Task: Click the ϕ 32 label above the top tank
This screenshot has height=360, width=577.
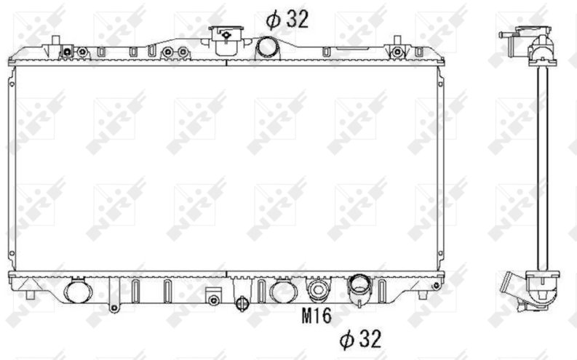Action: pos(287,19)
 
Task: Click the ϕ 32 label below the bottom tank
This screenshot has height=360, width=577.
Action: pos(360,339)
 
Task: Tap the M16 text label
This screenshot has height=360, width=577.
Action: pos(317,316)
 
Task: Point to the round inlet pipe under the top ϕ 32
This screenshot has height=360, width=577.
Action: pos(268,48)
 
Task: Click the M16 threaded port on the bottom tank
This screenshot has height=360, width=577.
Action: pos(318,289)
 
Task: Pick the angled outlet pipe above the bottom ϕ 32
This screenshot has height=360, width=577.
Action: pos(360,289)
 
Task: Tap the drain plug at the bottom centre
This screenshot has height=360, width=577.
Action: pos(242,303)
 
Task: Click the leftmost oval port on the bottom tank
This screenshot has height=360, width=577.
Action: pos(79,290)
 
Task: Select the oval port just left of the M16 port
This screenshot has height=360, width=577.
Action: pos(283,290)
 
